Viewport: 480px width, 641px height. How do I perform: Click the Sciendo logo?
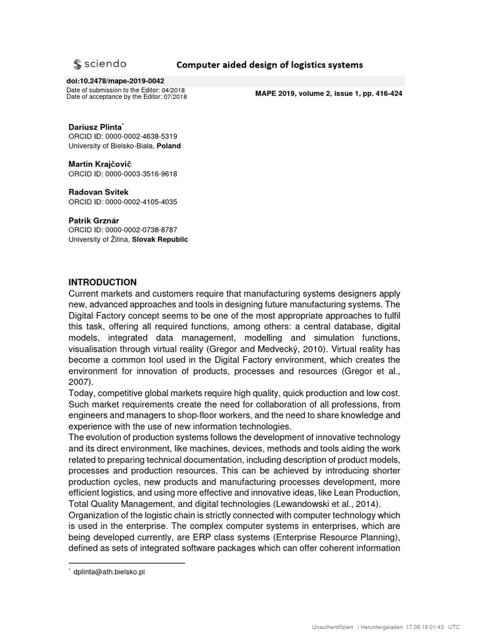coord(99,64)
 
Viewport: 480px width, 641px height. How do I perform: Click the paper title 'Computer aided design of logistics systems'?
coord(269,64)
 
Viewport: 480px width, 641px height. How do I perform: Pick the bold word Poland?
coord(169,146)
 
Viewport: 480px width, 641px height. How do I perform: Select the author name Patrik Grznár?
coord(93,220)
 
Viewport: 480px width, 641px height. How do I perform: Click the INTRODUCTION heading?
coord(102,282)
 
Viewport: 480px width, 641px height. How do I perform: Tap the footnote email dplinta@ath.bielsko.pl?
coord(109,572)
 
